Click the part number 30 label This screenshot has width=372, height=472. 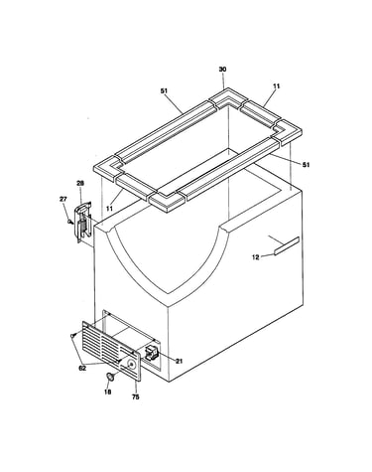222,70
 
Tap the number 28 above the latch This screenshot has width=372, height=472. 80,183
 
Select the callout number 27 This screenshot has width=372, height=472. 62,199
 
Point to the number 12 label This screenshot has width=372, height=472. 256,257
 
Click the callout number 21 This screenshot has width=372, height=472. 179,362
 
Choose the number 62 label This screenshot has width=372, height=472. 82,368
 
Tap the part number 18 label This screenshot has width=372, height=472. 107,393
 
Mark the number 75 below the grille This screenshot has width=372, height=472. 136,397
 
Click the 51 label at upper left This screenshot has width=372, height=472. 164,90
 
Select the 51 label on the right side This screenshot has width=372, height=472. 307,165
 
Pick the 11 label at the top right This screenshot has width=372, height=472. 277,86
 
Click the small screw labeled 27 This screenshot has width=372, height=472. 70,221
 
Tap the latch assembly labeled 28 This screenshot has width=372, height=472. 83,223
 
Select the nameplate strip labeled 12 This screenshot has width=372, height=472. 287,246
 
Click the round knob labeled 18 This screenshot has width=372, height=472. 111,377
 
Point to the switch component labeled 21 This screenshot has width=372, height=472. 152,352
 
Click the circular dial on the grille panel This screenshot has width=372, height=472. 131,365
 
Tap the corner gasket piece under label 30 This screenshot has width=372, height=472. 228,97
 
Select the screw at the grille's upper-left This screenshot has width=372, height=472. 73,336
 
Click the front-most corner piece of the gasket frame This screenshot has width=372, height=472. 167,202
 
